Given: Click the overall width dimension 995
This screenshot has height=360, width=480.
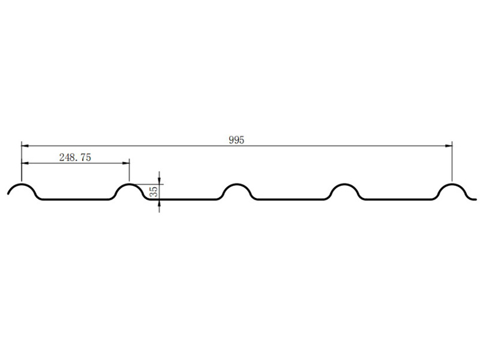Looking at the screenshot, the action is (x=236, y=140).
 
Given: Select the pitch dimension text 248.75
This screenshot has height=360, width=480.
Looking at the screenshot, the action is (x=75, y=157).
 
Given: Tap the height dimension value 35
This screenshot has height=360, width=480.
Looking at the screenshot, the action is (x=154, y=191).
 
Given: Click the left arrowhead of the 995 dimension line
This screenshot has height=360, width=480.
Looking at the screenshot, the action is (x=25, y=146).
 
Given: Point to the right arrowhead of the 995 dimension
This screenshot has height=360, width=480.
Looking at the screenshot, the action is (x=448, y=146).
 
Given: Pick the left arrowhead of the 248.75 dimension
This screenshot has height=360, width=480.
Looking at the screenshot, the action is (x=25, y=163).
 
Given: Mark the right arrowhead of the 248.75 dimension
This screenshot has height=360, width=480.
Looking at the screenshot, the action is (x=125, y=163).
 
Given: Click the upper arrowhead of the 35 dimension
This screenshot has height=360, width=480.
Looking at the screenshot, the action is (x=159, y=181).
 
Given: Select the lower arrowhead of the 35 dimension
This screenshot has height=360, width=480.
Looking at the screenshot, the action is (x=159, y=203).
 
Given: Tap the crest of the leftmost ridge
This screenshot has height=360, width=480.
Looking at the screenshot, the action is (x=22, y=184).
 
